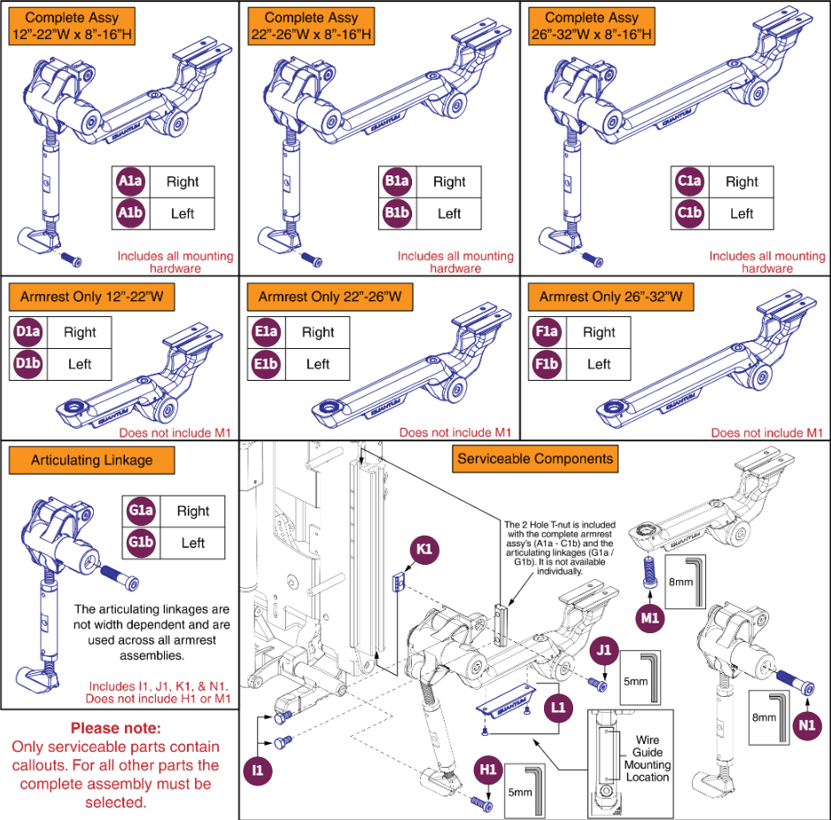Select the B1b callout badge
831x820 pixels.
point(396,213)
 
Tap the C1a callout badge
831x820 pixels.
point(689,182)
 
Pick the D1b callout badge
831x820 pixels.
point(27,364)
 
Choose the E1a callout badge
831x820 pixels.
point(265,332)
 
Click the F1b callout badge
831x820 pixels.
point(547,364)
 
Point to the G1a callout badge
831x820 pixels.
point(140,511)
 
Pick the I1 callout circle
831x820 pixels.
point(258,770)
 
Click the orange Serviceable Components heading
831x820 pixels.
point(534,459)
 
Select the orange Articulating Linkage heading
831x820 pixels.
point(92,460)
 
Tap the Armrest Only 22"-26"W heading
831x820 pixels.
point(330,297)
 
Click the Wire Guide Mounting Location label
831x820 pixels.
point(647,758)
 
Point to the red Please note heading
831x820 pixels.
point(115,729)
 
